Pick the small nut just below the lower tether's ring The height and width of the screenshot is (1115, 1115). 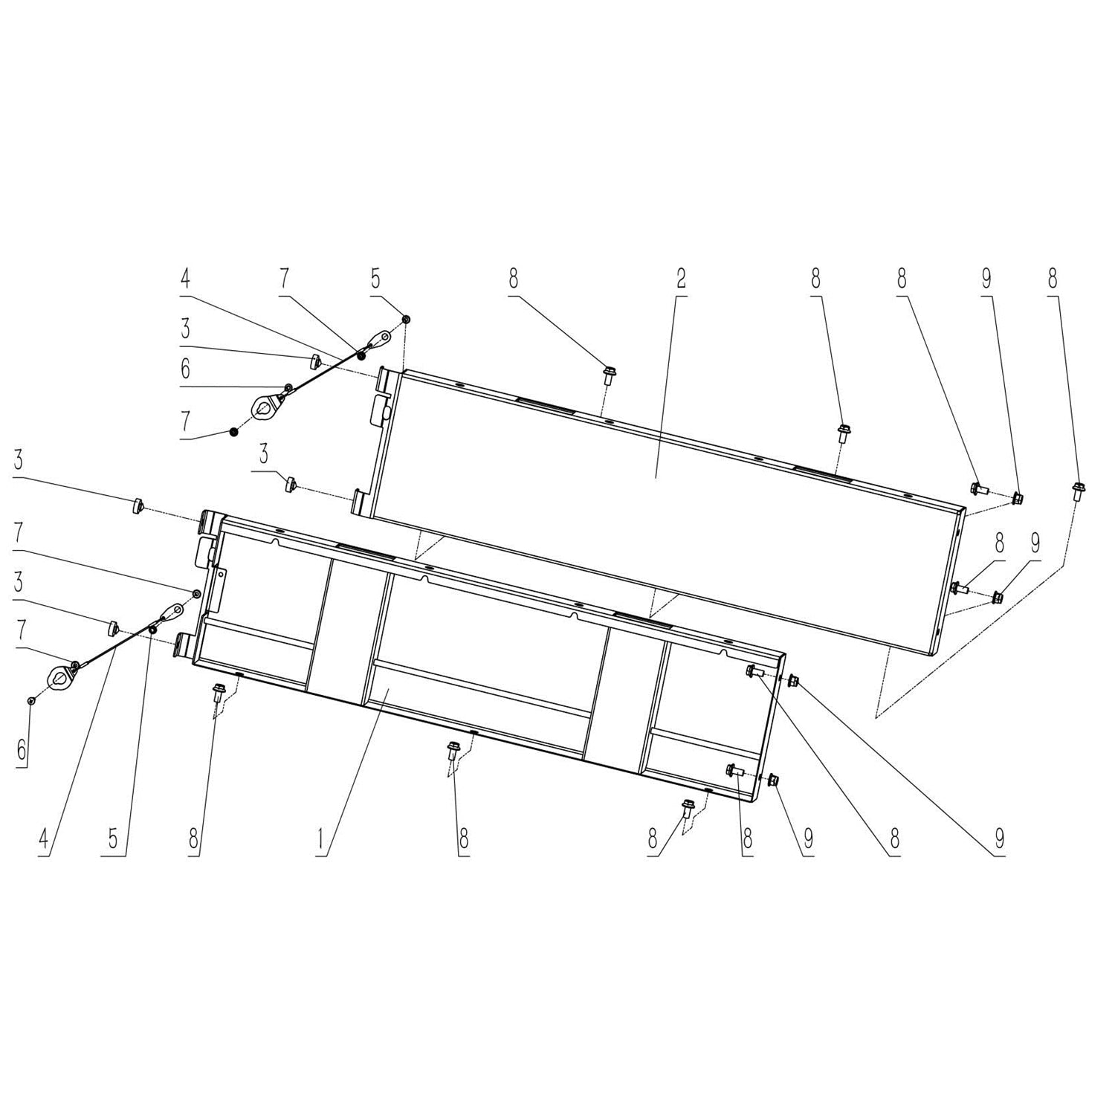[30, 700]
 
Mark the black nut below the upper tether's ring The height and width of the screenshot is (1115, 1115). [233, 432]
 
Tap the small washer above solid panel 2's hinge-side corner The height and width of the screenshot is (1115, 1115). [407, 319]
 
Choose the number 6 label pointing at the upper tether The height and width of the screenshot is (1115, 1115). [185, 369]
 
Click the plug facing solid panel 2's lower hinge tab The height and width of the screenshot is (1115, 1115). [290, 485]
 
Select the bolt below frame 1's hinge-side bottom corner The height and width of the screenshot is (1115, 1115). [217, 693]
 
